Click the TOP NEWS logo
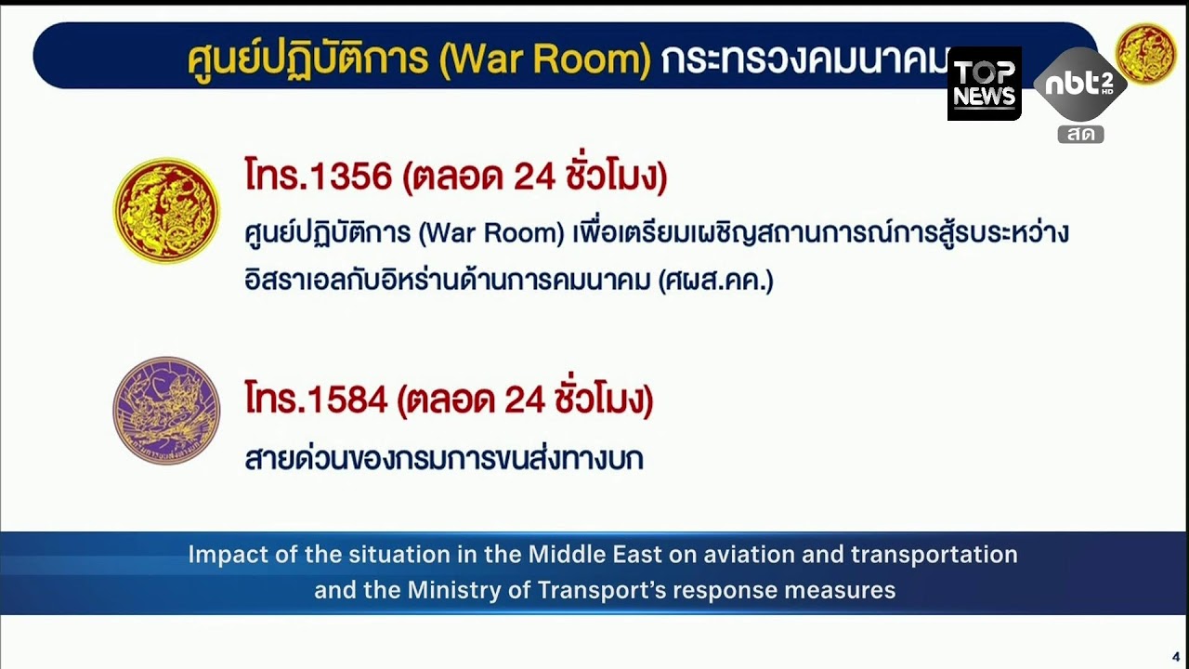click(984, 84)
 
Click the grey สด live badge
click(1080, 134)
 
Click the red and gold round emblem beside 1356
click(166, 210)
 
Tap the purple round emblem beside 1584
click(166, 410)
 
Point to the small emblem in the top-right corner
click(1144, 54)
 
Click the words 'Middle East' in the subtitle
click(594, 555)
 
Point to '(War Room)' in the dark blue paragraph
click(491, 231)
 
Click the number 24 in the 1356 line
click(534, 176)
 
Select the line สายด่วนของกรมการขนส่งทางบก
click(444, 458)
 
